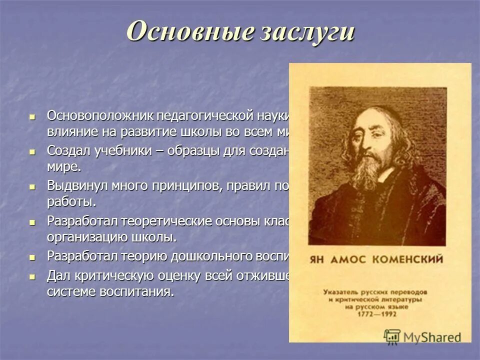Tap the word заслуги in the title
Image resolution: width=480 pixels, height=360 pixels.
click(x=306, y=32)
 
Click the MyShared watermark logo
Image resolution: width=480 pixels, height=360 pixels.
click(x=422, y=336)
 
